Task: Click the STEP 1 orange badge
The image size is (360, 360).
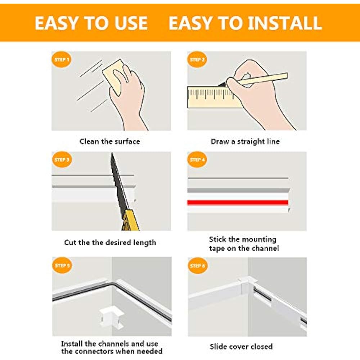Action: tap(62, 60)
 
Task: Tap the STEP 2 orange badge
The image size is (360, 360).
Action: tap(197, 60)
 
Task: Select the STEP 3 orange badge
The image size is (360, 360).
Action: tap(62, 159)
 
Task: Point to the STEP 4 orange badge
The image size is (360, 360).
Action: tap(197, 159)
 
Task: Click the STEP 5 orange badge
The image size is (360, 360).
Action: tap(62, 266)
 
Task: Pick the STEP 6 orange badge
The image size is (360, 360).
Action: tap(197, 266)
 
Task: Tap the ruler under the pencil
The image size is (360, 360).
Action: tap(209, 96)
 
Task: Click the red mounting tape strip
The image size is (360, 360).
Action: tap(238, 202)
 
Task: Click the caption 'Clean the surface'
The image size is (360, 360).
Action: tap(109, 141)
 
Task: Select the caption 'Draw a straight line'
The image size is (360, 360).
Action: tap(245, 141)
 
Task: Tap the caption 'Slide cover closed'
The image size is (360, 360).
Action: tap(241, 346)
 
